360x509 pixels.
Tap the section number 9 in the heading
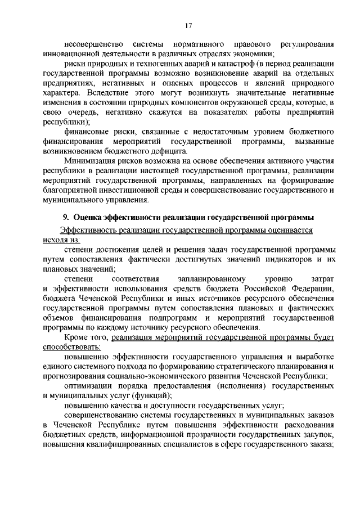click(65, 217)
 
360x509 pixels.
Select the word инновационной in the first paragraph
click(69, 54)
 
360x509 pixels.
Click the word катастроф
click(231, 65)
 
